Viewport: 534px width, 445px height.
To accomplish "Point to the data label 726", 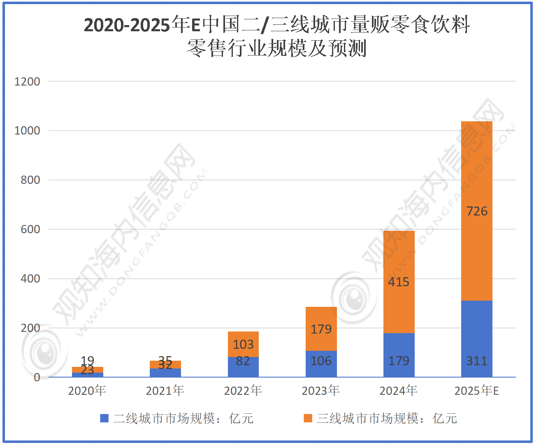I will click(x=477, y=211).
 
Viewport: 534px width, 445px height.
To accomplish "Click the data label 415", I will click(x=399, y=282).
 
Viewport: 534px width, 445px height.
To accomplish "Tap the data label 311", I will click(x=476, y=361).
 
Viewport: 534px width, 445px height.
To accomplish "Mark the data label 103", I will click(x=243, y=344).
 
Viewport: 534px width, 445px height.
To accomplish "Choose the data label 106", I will click(x=321, y=361).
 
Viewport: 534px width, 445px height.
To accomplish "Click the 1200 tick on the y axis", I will click(x=27, y=81).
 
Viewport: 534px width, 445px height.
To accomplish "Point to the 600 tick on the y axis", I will click(x=30, y=229).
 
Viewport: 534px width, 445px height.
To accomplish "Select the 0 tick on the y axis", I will click(x=37, y=377).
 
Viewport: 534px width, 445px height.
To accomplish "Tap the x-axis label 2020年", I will click(x=87, y=391).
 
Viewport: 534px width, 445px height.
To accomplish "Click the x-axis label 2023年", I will click(x=321, y=391).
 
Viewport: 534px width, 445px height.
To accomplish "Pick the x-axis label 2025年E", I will click(x=476, y=391).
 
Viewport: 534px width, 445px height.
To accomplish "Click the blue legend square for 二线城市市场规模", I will click(x=104, y=418).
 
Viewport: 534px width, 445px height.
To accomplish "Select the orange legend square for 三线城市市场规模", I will click(x=308, y=418).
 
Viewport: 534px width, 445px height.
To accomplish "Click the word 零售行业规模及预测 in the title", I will click(x=276, y=49).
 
